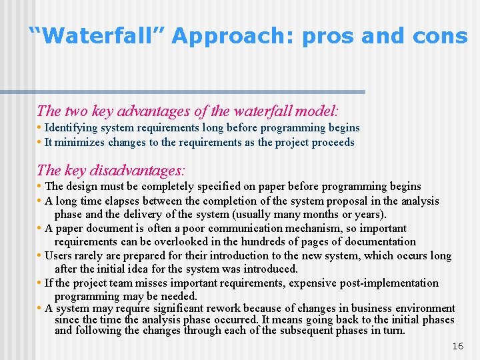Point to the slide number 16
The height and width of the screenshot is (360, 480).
[x=457, y=346]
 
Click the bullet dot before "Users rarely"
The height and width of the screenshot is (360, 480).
[x=40, y=256]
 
